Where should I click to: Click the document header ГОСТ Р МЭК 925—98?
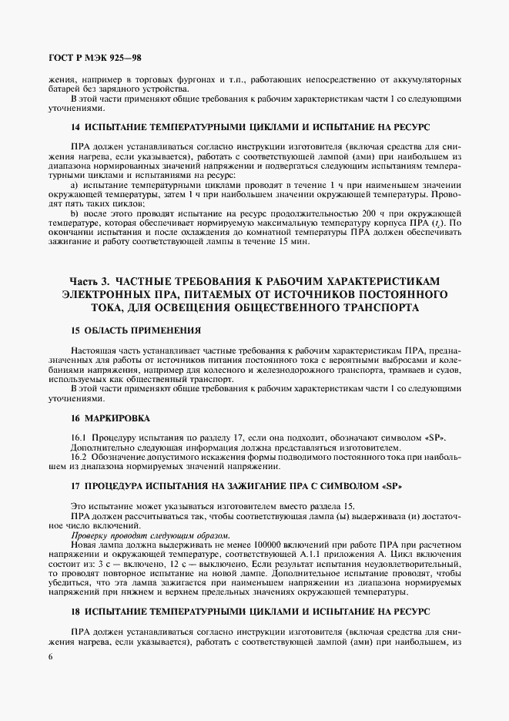(x=93, y=58)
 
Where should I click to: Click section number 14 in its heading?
(x=75, y=126)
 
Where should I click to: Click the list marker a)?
(x=75, y=185)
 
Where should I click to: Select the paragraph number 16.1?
(x=79, y=438)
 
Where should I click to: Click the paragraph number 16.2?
(x=79, y=457)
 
